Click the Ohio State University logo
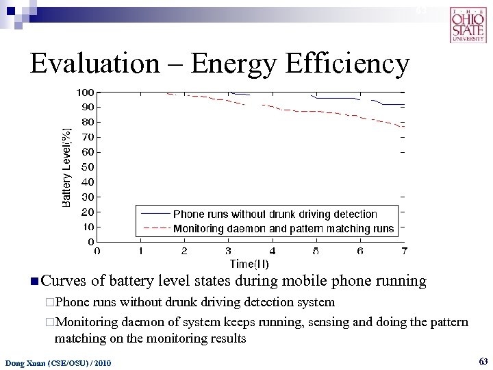(468, 25)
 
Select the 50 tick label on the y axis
(88, 167)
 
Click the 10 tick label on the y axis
(88, 227)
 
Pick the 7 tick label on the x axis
(405, 251)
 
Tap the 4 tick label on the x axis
(273, 251)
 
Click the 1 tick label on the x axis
(141, 251)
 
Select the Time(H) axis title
(249, 264)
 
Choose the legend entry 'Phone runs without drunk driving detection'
(275, 214)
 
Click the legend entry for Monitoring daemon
(283, 229)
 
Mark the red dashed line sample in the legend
(155, 229)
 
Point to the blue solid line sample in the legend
(155, 214)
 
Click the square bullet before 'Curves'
(34, 281)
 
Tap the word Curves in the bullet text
(64, 281)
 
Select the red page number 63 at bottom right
(483, 360)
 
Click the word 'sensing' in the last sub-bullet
(321, 322)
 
